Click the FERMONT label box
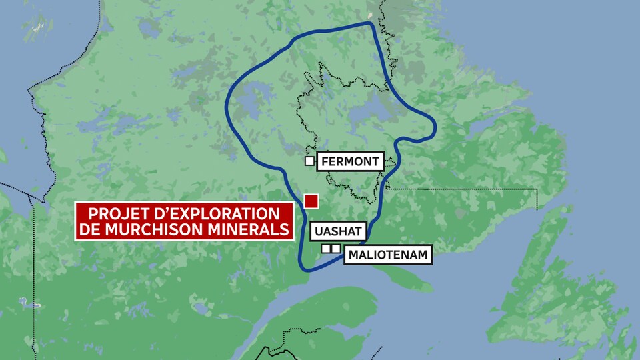pos(349,161)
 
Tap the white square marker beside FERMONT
pos(309,161)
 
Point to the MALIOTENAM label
pos(385,255)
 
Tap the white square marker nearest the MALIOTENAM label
pos(336,249)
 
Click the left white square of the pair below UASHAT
pos(326,249)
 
